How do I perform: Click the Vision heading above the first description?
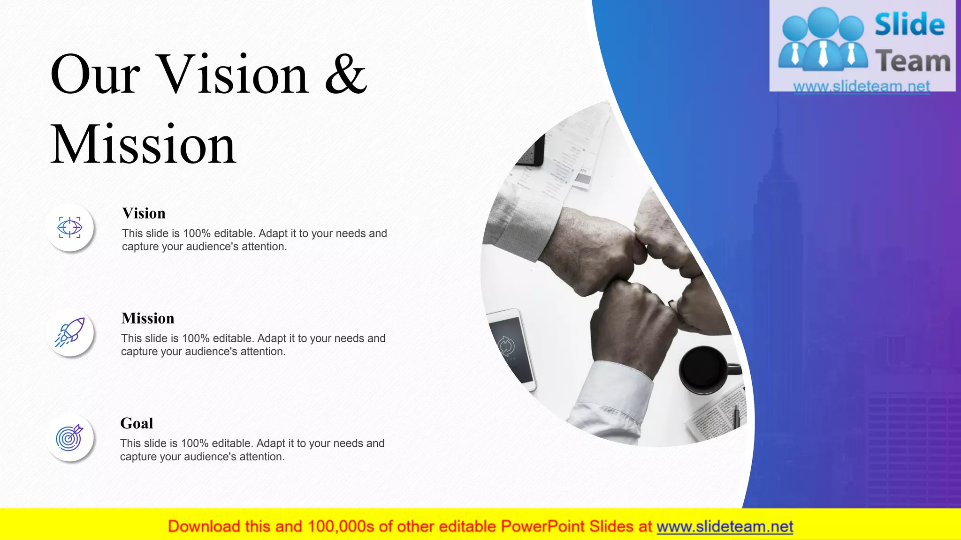(144, 213)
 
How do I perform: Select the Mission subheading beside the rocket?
(148, 318)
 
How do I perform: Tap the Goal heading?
(137, 423)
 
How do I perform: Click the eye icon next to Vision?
(70, 228)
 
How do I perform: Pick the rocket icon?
(70, 333)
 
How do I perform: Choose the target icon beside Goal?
(69, 438)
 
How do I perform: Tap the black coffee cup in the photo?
(704, 369)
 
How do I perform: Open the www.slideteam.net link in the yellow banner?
(725, 527)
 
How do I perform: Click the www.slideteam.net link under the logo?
(862, 86)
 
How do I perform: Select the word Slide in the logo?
(909, 24)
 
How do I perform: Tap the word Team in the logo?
(913, 61)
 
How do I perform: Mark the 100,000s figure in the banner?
(341, 527)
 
